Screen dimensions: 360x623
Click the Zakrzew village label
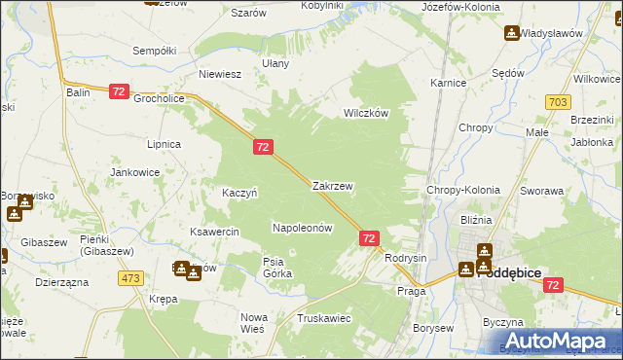(332, 185)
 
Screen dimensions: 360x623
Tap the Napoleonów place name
(302, 228)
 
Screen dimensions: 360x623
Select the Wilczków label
(365, 113)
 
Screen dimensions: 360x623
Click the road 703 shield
(558, 102)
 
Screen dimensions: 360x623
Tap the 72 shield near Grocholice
(119, 90)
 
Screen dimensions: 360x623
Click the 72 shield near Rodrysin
(369, 237)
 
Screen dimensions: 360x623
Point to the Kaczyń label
(239, 193)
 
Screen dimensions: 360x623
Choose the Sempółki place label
(153, 50)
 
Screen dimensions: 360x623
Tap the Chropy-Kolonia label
(463, 191)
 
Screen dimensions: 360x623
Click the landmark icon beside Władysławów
(511, 34)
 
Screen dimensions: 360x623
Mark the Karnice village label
(448, 84)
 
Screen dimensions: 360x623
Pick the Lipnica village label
(164, 144)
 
